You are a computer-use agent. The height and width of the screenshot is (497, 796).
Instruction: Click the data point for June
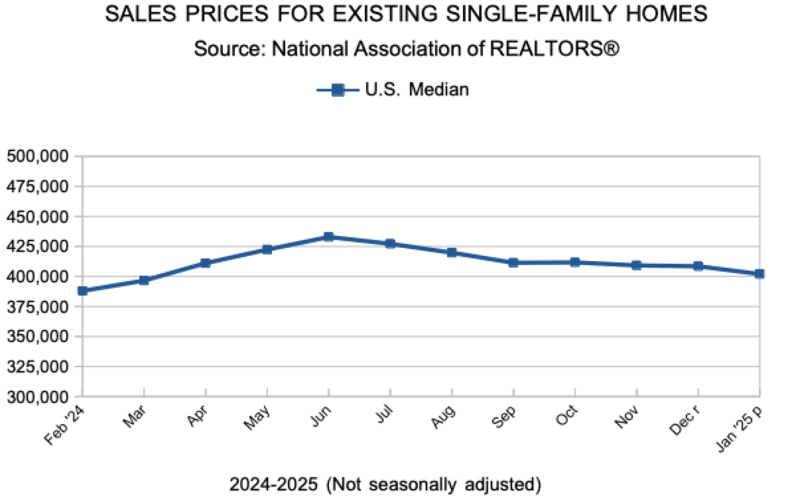[328, 237]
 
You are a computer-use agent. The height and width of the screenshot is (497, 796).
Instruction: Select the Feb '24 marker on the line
[82, 290]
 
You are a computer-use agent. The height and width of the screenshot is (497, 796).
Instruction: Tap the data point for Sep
[513, 262]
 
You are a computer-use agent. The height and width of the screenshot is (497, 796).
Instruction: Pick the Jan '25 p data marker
[760, 273]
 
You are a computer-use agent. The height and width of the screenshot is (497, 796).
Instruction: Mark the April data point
[206, 263]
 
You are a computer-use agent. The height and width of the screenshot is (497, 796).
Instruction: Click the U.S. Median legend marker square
[337, 89]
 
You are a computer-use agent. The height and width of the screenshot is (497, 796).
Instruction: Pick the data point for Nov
[636, 265]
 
